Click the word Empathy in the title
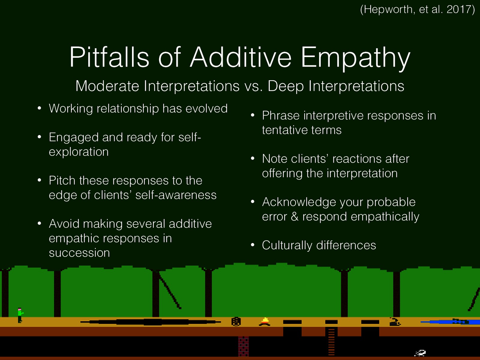(355, 58)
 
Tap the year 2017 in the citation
(458, 10)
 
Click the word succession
(79, 253)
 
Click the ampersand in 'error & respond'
(295, 217)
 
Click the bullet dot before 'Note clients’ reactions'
(253, 158)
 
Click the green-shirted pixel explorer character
(20, 315)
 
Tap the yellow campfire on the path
(265, 322)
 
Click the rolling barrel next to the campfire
(236, 322)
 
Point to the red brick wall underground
(243, 346)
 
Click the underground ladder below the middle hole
(331, 342)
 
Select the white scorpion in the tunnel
(420, 353)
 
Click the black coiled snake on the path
(395, 322)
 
